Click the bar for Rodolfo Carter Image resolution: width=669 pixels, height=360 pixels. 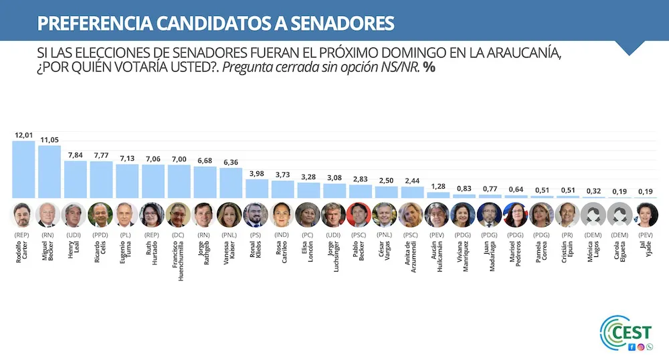(x=23, y=169)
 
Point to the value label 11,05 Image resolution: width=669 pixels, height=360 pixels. (x=50, y=139)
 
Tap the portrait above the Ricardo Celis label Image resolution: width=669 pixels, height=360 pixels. (x=101, y=215)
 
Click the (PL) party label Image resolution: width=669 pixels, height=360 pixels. (x=127, y=235)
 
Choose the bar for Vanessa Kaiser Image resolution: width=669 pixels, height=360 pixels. (x=231, y=183)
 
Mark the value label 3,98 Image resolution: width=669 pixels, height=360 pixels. (x=257, y=173)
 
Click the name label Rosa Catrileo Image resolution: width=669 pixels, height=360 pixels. (x=283, y=257)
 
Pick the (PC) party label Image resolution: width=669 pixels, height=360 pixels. (x=308, y=235)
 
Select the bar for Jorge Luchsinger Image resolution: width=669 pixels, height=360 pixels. (x=334, y=191)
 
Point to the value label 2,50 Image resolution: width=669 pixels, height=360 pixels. (x=386, y=181)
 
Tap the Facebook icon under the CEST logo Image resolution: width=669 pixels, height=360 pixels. (x=632, y=347)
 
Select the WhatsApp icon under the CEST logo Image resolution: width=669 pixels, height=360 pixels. (x=649, y=347)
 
